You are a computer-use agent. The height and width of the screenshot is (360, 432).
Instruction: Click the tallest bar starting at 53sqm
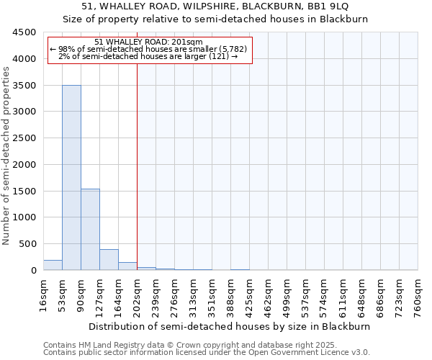[x=71, y=177]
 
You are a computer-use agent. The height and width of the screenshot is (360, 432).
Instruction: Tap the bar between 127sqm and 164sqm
[x=109, y=259]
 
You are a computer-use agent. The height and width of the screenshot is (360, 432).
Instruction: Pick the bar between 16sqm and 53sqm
[x=53, y=265]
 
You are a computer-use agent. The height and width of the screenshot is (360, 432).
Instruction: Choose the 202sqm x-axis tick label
[x=137, y=293]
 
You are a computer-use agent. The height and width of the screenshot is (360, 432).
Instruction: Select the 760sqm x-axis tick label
[x=418, y=293]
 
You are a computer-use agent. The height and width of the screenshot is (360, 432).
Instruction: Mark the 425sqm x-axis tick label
[x=249, y=293]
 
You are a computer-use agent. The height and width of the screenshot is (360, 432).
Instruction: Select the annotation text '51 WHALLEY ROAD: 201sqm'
[x=149, y=42]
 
